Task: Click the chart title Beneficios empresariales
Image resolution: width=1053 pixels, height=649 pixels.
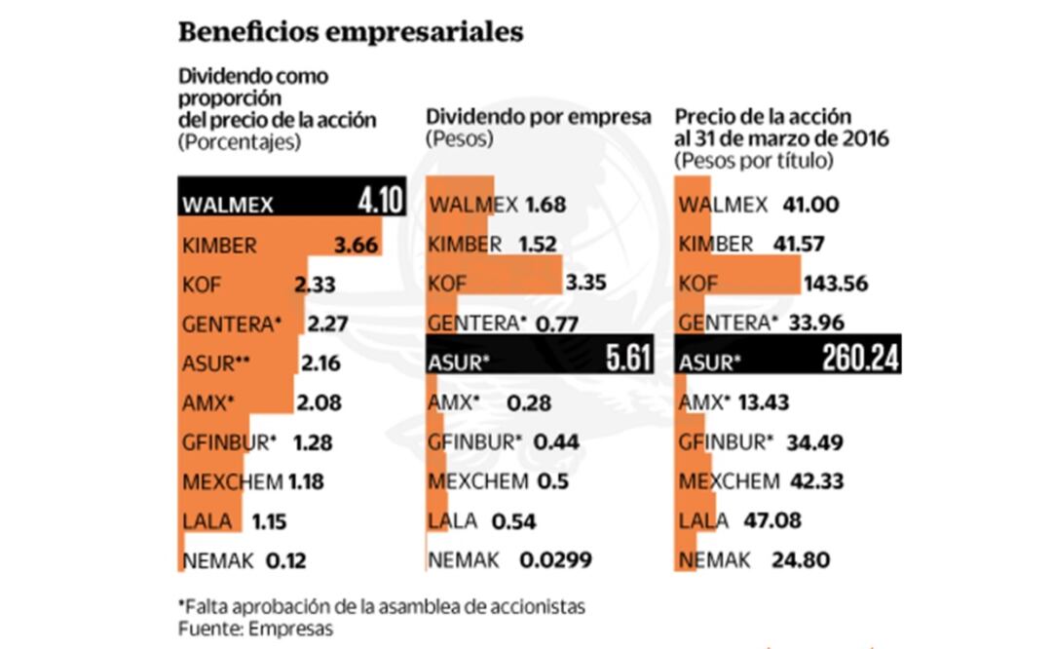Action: [351, 31]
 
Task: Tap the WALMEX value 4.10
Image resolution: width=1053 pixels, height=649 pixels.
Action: [380, 203]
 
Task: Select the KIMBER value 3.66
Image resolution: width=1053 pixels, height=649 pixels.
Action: [356, 245]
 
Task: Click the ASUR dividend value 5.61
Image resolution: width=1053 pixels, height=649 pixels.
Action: [627, 361]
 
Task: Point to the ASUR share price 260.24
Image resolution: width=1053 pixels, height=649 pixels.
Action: [848, 361]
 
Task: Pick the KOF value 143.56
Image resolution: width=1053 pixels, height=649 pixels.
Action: [835, 284]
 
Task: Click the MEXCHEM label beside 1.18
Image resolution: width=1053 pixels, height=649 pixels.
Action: [231, 481]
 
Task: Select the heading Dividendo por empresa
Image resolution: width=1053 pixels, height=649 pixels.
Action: [539, 117]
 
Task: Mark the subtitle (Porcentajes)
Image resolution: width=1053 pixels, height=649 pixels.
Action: [239, 141]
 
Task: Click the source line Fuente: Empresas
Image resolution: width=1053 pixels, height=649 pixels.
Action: [255, 629]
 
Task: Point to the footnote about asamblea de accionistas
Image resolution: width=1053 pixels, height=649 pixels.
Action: [382, 606]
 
